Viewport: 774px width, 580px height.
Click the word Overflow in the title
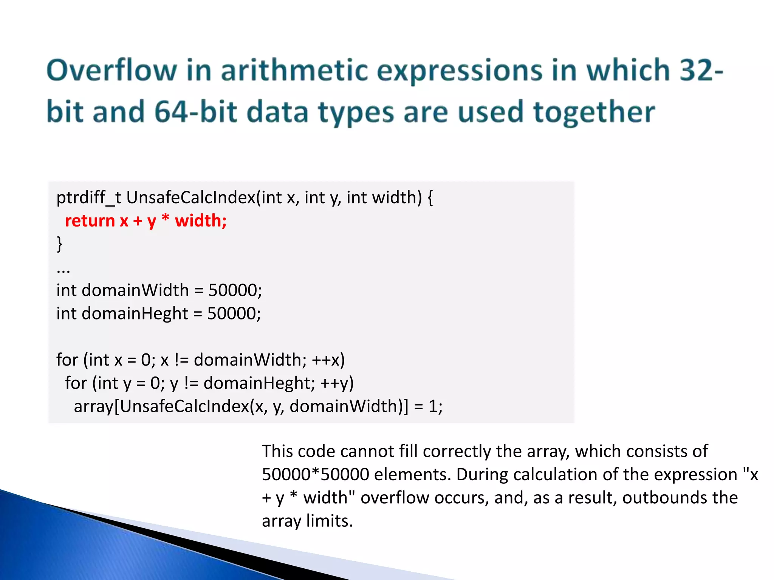112,71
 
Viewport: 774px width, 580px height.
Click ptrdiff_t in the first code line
89,197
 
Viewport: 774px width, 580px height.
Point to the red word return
90,221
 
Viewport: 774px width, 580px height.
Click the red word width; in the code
201,221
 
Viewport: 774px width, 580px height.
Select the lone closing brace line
59,244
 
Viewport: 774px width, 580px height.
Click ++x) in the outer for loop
328,360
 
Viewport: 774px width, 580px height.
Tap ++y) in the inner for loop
337,383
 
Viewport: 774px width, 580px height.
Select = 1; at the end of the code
428,407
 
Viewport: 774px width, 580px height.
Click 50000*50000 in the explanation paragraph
315,475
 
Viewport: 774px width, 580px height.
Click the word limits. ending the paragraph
329,521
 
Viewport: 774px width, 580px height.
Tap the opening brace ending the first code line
430,198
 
